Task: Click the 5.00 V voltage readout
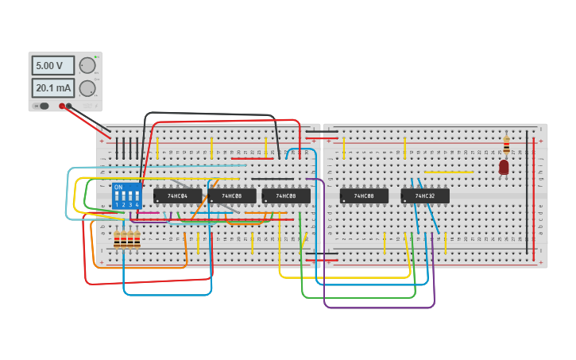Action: (x=53, y=65)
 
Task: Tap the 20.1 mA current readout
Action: (x=53, y=87)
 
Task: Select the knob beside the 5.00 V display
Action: (x=87, y=65)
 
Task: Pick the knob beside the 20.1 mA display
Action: (x=87, y=87)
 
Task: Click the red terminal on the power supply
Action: (x=62, y=106)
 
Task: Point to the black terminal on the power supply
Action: (x=69, y=106)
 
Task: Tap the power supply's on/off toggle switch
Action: (x=42, y=106)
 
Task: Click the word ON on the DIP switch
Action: (x=118, y=188)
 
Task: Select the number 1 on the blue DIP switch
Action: (x=117, y=205)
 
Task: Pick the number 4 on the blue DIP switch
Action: (x=137, y=205)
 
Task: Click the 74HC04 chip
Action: (x=177, y=195)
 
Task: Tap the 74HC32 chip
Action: (x=425, y=195)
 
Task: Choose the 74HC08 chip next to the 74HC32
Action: (x=364, y=195)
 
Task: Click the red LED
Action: (x=504, y=167)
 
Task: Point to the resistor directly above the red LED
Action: (x=506, y=145)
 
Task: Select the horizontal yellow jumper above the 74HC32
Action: (x=448, y=172)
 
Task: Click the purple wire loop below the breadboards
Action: (x=380, y=307)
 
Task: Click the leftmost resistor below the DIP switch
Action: (x=117, y=238)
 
